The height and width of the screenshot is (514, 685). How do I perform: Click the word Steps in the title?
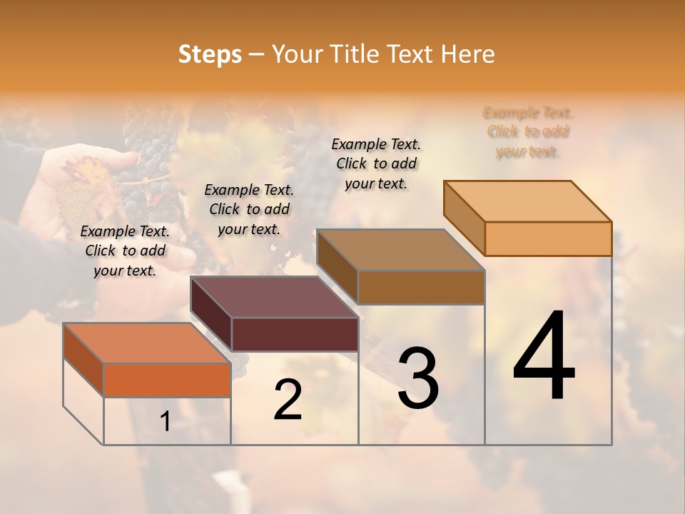[210, 54]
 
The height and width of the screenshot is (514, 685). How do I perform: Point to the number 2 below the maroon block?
[288, 400]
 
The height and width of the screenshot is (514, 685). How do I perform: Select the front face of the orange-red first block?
[167, 380]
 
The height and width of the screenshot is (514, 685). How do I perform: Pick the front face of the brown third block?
[421, 287]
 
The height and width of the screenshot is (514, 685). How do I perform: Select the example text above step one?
[125, 251]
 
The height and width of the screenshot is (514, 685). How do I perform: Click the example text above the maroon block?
[249, 209]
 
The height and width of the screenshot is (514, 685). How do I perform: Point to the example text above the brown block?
[376, 163]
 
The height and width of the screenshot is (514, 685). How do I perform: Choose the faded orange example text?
[528, 131]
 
